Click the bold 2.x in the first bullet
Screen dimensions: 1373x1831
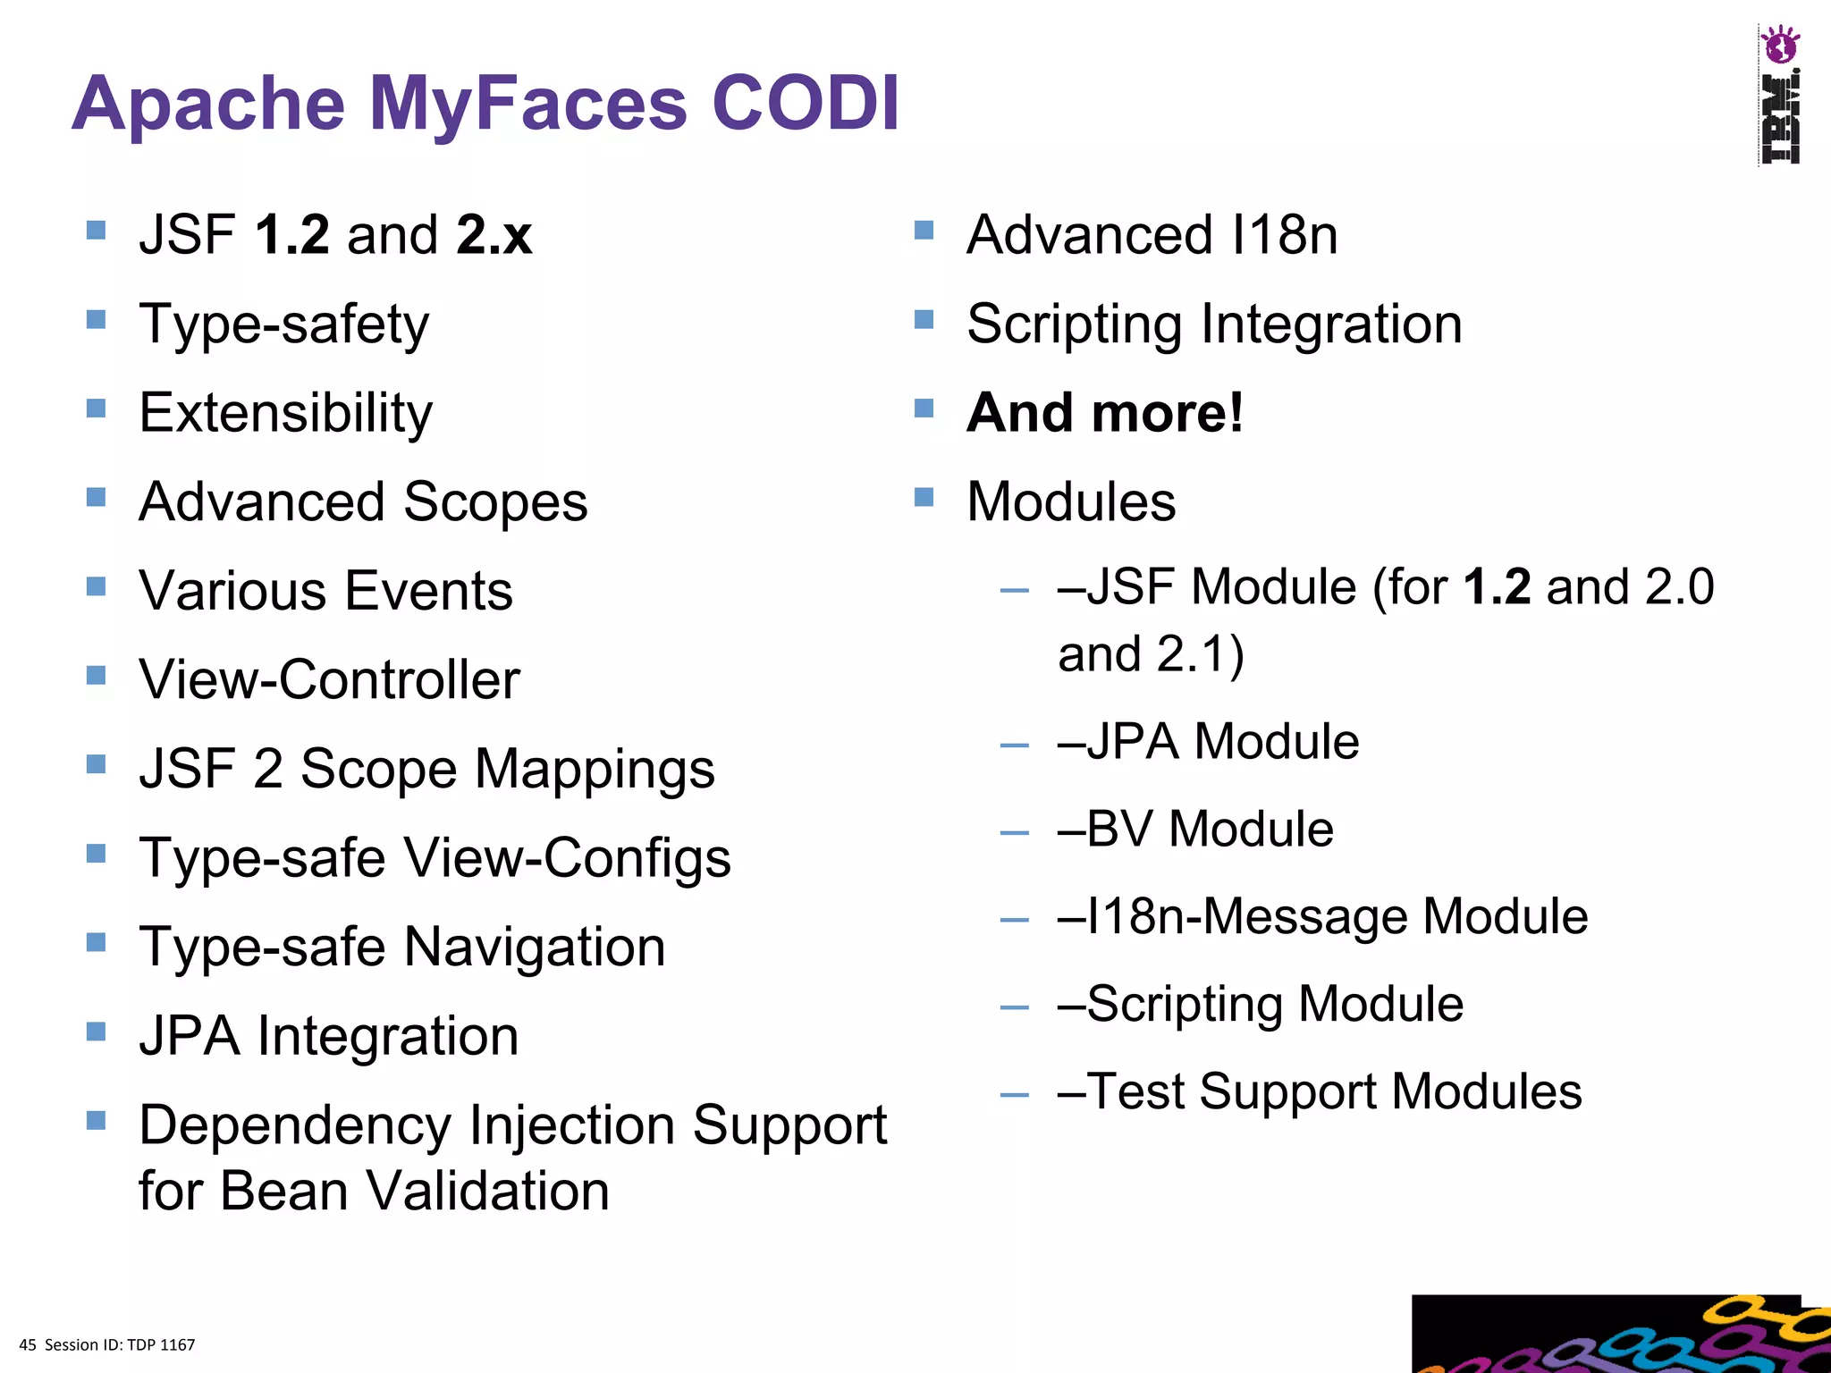coord(494,235)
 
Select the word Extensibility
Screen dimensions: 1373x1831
coord(285,413)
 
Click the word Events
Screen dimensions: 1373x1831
coord(428,591)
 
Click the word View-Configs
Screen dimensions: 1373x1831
coord(568,858)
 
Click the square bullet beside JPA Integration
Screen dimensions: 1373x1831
coord(96,1032)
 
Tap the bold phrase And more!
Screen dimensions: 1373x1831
coord(1104,413)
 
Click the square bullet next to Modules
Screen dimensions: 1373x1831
coord(924,497)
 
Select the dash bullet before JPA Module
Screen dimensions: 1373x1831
coord(1014,745)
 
